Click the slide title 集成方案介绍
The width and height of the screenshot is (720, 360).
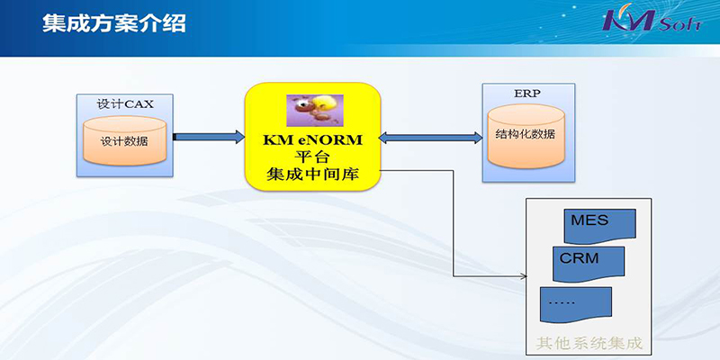click(114, 23)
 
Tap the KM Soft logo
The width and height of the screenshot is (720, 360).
click(652, 20)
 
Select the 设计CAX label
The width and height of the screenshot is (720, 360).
click(125, 103)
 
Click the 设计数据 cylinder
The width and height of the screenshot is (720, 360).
click(124, 140)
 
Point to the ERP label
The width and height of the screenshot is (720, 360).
click(527, 94)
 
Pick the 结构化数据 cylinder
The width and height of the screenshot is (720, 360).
click(526, 137)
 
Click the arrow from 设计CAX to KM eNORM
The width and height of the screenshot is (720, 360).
click(209, 137)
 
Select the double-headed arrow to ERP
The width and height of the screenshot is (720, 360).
click(431, 137)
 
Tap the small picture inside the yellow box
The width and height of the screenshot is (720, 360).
click(315, 110)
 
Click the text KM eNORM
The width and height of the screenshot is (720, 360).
click(312, 140)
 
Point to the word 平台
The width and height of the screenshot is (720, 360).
click(312, 157)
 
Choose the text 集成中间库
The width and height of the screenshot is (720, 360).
click(312, 175)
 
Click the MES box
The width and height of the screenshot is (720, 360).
click(599, 226)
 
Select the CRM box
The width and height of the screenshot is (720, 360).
click(589, 264)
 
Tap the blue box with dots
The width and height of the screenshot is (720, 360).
click(576, 304)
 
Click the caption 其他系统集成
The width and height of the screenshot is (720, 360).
click(589, 344)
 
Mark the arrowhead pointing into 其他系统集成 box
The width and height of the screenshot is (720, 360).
click(524, 276)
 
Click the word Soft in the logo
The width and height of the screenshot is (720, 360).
click(680, 24)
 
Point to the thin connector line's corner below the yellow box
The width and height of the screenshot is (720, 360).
click(454, 276)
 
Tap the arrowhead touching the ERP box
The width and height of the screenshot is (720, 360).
click(478, 137)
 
